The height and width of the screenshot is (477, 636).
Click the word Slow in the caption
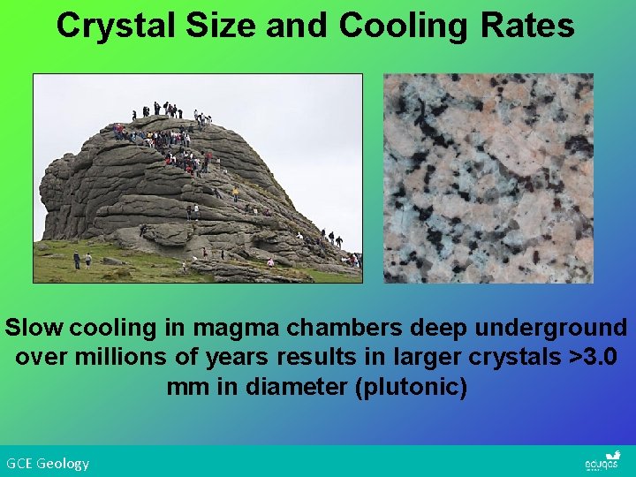click(34, 328)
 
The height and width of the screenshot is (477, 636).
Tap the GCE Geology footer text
click(48, 463)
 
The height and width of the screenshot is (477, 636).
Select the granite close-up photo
click(488, 178)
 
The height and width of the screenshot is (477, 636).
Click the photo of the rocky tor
click(198, 178)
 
